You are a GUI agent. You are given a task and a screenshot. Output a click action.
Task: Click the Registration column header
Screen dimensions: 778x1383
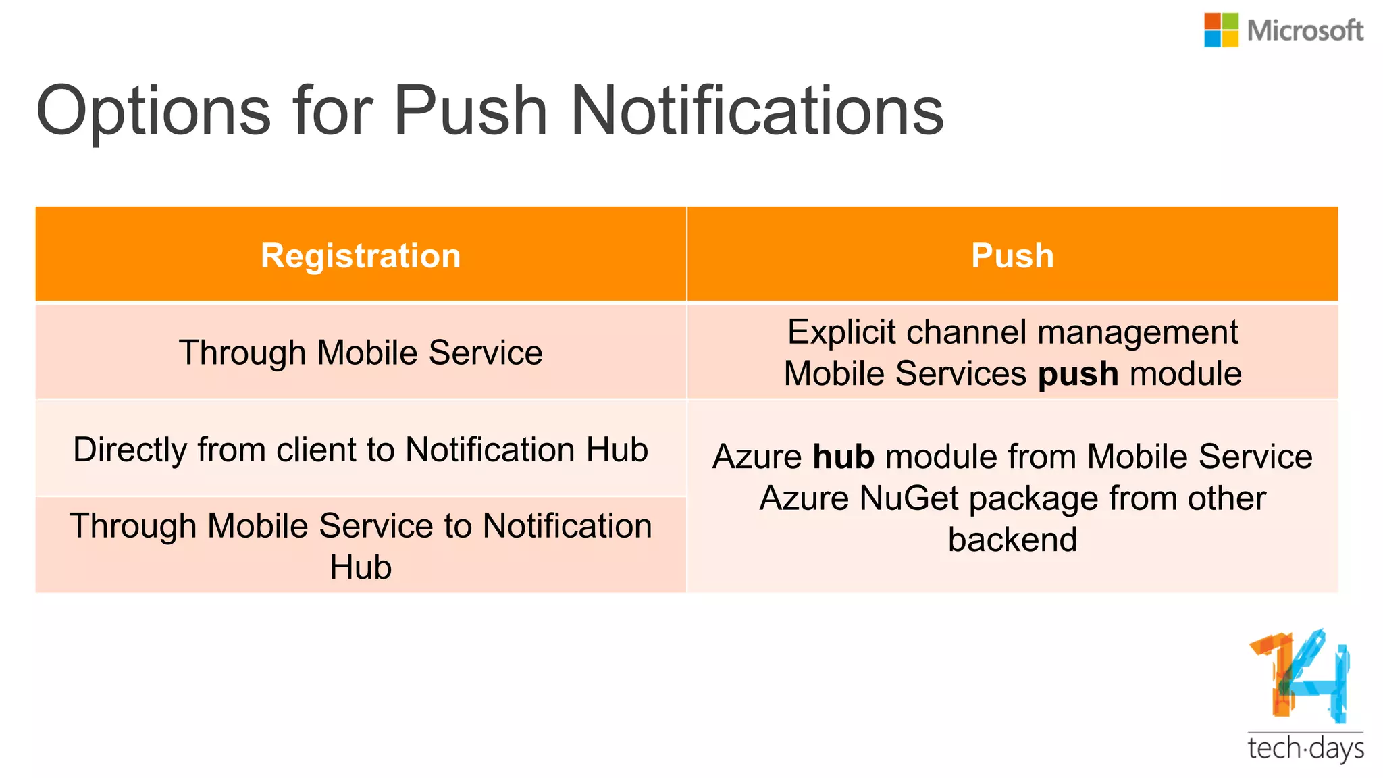tap(361, 256)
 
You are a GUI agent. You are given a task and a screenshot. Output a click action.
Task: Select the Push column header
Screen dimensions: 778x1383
tap(1012, 256)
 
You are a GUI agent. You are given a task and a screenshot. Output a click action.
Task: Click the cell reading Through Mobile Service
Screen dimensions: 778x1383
tap(361, 353)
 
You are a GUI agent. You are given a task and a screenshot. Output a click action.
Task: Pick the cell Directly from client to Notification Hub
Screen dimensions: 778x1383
tap(361, 450)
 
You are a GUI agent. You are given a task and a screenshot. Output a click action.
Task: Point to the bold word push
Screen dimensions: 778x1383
tap(1078, 374)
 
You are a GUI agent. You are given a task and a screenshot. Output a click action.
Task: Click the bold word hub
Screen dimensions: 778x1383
tap(843, 457)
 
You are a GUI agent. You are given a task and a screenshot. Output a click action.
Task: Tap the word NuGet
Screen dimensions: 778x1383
tap(909, 498)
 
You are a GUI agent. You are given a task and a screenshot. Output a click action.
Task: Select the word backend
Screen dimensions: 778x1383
tap(1012, 540)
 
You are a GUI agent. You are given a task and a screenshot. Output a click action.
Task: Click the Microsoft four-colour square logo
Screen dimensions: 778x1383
tap(1221, 30)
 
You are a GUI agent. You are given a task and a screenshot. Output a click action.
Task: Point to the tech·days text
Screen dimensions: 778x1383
tap(1305, 749)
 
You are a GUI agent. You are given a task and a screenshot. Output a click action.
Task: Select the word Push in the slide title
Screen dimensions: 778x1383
tap(470, 110)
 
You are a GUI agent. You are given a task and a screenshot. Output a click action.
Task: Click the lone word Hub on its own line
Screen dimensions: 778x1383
tap(361, 567)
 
